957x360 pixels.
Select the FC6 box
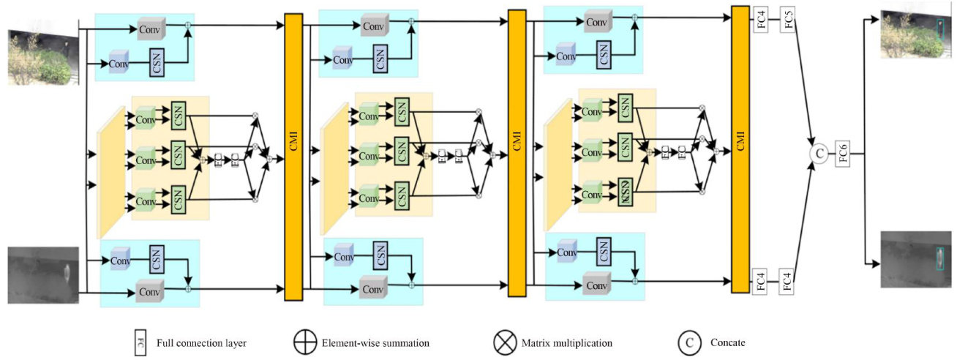click(842, 153)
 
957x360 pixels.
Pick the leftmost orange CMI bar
click(293, 157)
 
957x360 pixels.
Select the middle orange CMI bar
click(517, 152)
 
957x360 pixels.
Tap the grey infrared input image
click(42, 274)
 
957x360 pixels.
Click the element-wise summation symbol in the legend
click(303, 342)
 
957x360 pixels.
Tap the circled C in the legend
click(688, 342)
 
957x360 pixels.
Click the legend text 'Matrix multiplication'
click(567, 342)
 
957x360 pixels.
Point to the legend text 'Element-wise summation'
click(375, 342)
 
